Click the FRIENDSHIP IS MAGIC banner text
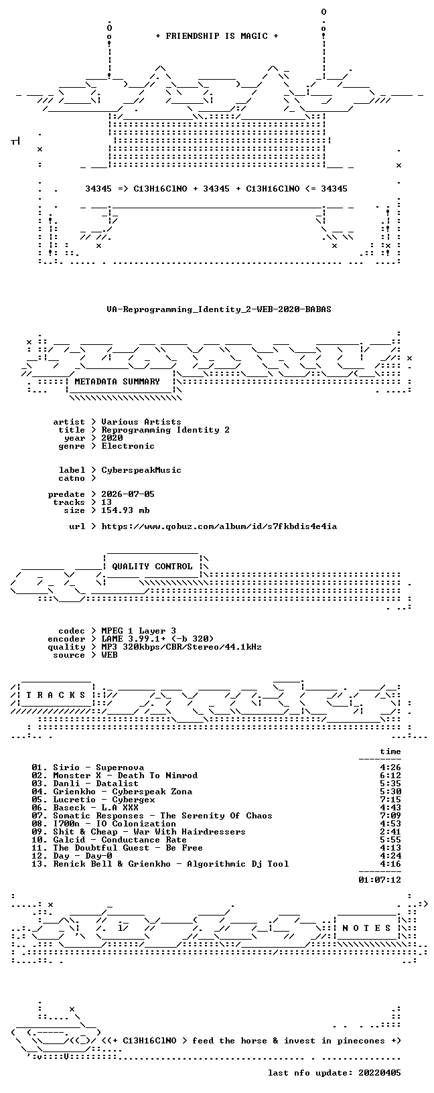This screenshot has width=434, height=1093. tap(217, 36)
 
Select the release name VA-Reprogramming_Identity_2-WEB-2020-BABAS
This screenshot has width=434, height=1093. tap(219, 309)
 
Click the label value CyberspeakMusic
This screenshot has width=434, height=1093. tap(141, 470)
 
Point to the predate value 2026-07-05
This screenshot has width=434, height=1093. tap(128, 494)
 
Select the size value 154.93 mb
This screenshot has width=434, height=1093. tap(125, 510)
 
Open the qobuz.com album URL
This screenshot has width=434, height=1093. tap(219, 526)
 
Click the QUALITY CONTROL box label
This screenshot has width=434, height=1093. tap(152, 567)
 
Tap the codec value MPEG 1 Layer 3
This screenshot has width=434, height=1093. tap(139, 631)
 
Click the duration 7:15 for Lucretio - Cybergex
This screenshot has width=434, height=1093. tap(390, 800)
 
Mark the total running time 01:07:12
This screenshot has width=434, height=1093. tap(380, 880)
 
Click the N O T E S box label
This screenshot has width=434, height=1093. tap(366, 928)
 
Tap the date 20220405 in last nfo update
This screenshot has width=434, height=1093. tap(380, 1072)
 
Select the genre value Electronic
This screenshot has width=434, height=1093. tap(128, 446)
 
